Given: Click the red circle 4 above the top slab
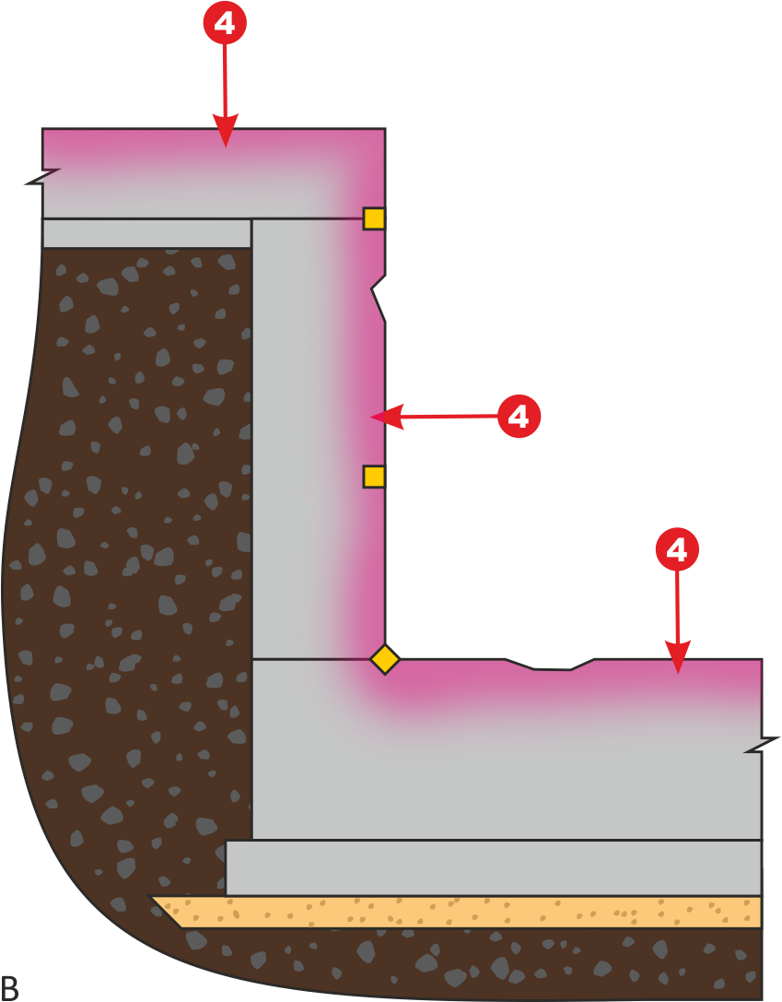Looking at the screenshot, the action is [x=225, y=23].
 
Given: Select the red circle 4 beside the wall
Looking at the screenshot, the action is [x=519, y=416].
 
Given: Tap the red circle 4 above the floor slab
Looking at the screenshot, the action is [x=677, y=548].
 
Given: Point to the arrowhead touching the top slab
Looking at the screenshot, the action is [x=226, y=131].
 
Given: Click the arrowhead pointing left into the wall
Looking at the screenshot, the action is [x=387, y=417].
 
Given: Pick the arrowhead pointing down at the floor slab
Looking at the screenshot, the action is [x=678, y=657].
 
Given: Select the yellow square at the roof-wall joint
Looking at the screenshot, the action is [x=374, y=218].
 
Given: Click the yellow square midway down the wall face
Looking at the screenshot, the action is [x=374, y=477].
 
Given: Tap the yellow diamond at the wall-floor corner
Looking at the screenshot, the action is [x=385, y=659].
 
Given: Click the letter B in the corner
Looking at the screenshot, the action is [x=9, y=987].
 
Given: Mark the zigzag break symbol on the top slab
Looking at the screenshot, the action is [x=43, y=176].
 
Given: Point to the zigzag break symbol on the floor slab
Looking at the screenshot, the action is [x=763, y=745].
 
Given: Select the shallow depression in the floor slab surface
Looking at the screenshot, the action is [x=550, y=665].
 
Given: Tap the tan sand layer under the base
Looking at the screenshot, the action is [x=457, y=912].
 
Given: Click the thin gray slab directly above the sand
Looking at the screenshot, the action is [x=494, y=867].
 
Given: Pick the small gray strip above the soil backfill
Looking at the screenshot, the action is [x=146, y=233].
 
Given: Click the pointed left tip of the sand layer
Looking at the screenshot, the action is [x=151, y=897].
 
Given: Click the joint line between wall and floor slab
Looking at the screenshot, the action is [x=312, y=659].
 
